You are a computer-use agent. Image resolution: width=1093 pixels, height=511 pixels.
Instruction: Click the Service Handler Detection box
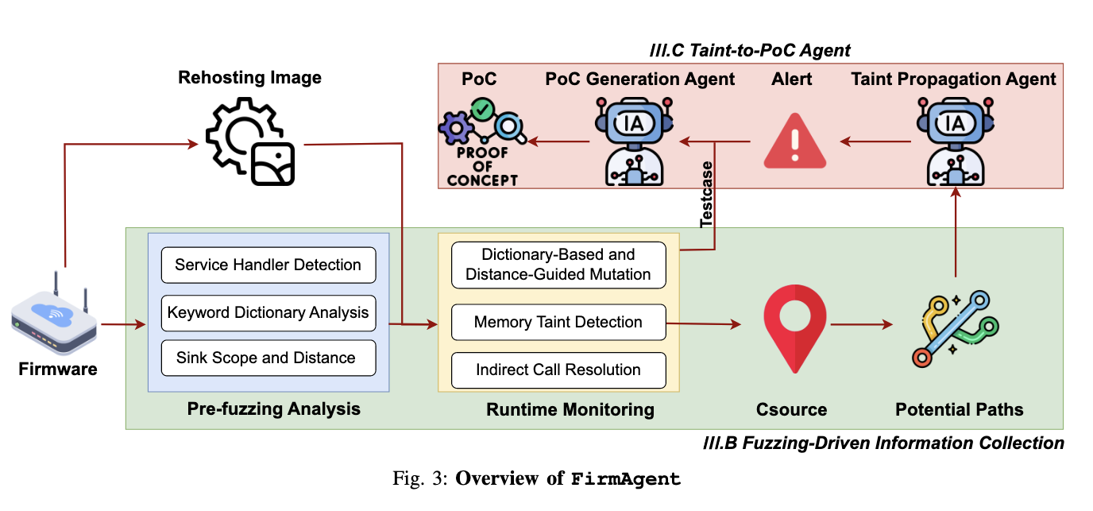tap(268, 265)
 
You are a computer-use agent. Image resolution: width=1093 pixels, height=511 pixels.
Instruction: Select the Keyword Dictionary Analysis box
tap(268, 312)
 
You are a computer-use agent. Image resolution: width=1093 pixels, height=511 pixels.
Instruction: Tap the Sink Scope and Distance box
tap(268, 358)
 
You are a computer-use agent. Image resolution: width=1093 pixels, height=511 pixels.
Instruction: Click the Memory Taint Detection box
tap(558, 323)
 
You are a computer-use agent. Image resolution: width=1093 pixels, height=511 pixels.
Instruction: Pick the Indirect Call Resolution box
tap(558, 370)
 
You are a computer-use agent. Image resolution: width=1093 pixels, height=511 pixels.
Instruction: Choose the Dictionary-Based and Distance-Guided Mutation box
tap(558, 265)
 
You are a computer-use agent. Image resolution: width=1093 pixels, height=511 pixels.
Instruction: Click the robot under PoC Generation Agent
tap(634, 140)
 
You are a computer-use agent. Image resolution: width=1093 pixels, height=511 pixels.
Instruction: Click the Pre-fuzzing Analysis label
tap(273, 409)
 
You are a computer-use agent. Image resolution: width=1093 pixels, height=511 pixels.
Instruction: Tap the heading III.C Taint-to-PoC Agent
tap(749, 51)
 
